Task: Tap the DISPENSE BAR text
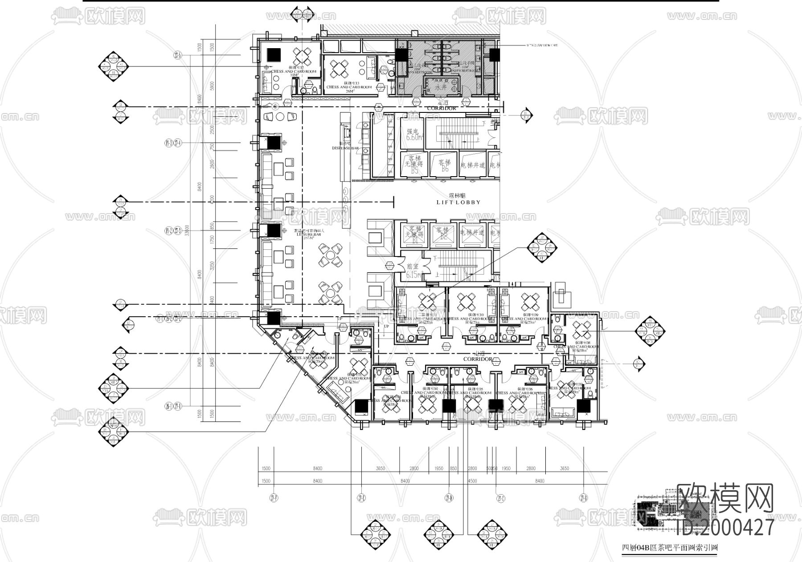[x=345, y=148]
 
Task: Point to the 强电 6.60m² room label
[x=412, y=135]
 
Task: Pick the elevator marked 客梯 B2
[x=442, y=233]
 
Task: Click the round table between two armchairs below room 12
[x=282, y=116]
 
